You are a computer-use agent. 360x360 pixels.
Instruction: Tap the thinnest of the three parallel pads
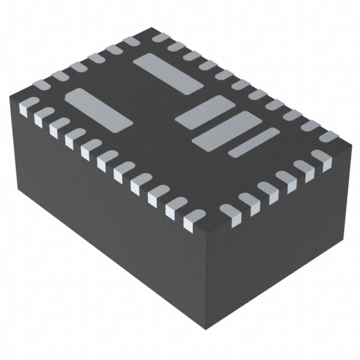pyautogui.click(x=254, y=142)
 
